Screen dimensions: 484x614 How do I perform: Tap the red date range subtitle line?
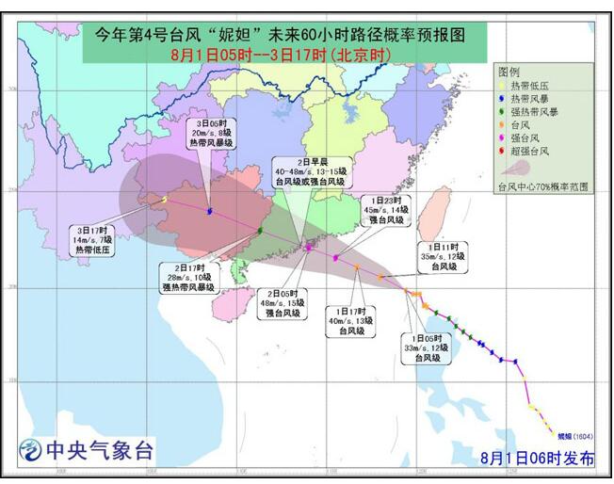click(280, 56)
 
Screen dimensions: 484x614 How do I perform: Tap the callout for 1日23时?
click(385, 210)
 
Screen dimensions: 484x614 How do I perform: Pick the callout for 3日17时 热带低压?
click(95, 240)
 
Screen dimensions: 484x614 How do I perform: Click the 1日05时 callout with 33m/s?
click(427, 347)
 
